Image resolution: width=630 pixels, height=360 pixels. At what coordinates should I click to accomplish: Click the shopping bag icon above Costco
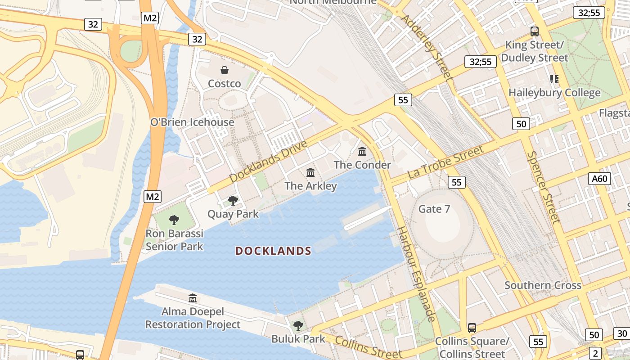point(224,70)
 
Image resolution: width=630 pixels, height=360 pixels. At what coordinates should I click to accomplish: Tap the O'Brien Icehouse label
point(192,122)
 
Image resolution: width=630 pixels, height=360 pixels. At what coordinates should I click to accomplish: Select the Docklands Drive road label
point(268,161)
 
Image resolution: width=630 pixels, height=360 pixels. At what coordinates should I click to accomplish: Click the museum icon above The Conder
point(362,152)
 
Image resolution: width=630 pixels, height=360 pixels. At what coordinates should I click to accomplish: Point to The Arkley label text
point(310,185)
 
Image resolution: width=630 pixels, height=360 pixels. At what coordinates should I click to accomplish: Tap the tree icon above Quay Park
point(233,200)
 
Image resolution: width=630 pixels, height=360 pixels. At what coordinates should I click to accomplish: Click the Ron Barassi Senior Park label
point(174,240)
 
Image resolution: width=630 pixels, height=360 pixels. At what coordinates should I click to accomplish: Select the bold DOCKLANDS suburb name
point(273,251)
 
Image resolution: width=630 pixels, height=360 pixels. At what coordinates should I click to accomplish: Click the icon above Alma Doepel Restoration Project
point(193,298)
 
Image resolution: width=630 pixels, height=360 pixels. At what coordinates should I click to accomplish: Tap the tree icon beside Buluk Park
point(298,325)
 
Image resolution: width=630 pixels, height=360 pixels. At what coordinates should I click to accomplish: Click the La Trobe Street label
point(445,162)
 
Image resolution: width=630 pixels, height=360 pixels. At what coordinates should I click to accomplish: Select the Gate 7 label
point(434,209)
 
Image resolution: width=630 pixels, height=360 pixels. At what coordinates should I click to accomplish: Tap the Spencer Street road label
point(543,187)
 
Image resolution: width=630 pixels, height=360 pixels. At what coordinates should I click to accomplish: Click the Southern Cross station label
point(543,285)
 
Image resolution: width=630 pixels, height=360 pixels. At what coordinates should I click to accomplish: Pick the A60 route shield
point(599,179)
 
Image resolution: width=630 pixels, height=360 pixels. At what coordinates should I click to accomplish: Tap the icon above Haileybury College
point(554,79)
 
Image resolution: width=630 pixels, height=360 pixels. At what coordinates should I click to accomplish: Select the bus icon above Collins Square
point(472,328)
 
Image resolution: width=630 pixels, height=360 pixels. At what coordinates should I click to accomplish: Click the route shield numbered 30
point(622,333)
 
